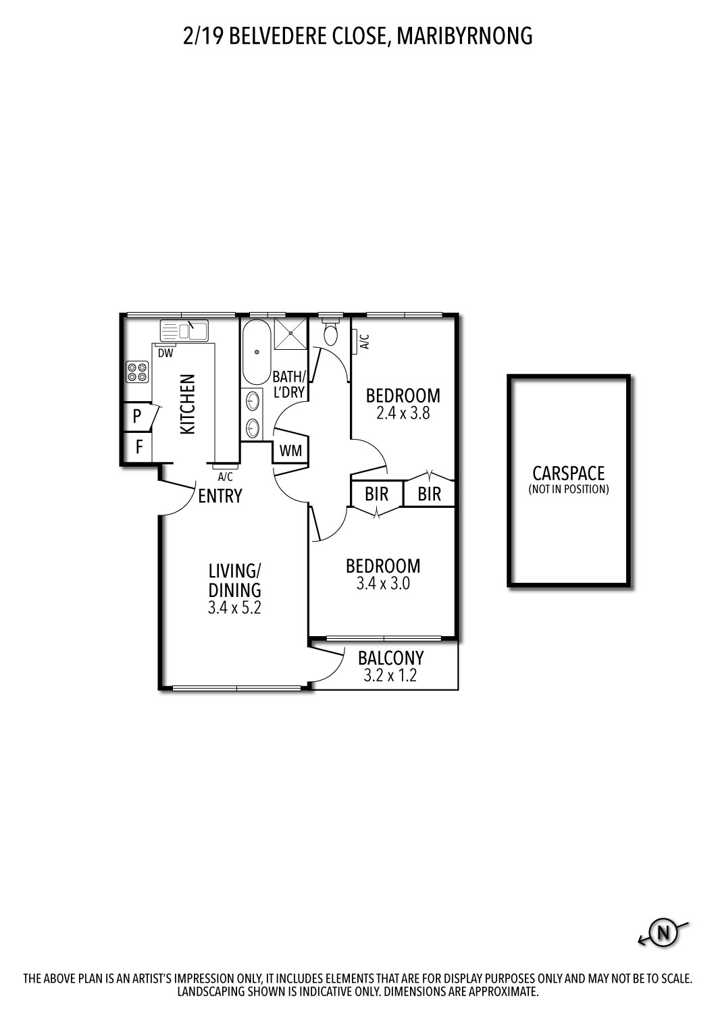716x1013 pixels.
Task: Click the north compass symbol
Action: tap(663, 933)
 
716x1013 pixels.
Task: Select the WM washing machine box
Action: tap(291, 450)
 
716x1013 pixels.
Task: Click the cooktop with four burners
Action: tap(137, 372)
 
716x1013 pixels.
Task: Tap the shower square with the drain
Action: tap(289, 334)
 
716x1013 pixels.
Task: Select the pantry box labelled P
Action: tap(137, 416)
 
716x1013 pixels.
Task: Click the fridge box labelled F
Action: tap(138, 446)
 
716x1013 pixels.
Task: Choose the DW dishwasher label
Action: tap(165, 353)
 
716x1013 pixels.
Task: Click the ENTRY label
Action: tap(220, 496)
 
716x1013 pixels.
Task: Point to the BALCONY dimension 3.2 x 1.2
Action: tap(390, 675)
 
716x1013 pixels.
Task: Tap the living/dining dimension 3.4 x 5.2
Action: tap(234, 607)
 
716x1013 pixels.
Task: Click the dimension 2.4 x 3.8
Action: tap(403, 413)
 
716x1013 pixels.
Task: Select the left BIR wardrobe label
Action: tap(376, 494)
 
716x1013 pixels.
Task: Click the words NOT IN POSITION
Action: tap(568, 490)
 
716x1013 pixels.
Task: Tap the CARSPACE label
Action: tap(568, 473)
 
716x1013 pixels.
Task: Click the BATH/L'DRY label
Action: tap(289, 384)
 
